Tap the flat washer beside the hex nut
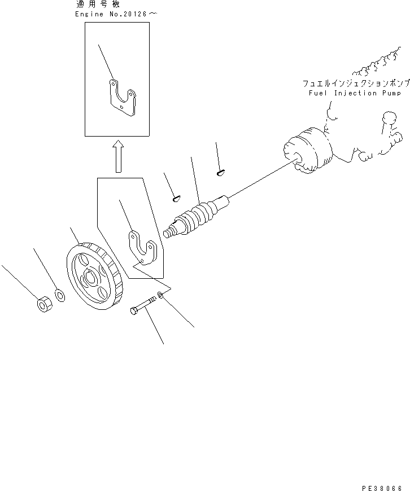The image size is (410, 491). [x=60, y=295]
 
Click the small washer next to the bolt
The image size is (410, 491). [x=162, y=295]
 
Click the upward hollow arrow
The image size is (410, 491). [x=118, y=157]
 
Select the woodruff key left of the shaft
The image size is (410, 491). [x=176, y=198]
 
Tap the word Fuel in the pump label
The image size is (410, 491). [x=318, y=93]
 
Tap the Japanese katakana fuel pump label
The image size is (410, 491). [x=353, y=83]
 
